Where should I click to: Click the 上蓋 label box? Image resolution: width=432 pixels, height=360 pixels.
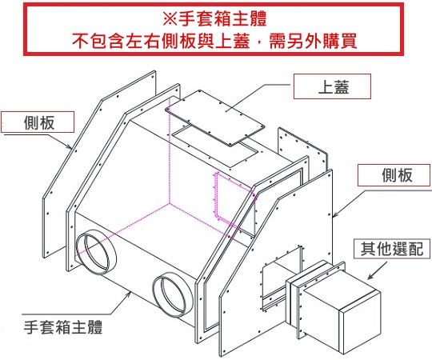point(332,86)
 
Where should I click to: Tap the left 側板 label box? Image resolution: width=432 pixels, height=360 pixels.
point(38,122)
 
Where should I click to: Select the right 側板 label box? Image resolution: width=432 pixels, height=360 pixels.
point(394,175)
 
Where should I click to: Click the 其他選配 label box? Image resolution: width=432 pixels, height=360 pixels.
point(392,249)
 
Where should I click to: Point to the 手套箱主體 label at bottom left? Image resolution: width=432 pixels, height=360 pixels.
point(63,327)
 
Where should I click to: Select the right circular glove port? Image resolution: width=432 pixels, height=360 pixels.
point(173,295)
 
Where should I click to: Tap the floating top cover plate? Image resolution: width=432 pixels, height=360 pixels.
point(215,118)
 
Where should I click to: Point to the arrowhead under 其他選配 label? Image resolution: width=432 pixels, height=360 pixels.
point(371,276)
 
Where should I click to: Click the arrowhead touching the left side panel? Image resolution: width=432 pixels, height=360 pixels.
point(70,146)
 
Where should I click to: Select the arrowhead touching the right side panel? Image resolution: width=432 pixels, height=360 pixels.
point(336,214)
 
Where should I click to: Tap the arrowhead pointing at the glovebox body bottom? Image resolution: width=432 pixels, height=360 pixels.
point(128,294)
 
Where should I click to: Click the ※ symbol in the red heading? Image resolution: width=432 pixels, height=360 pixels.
point(170,19)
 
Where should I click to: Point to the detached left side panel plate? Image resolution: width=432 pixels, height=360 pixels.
point(99,165)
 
